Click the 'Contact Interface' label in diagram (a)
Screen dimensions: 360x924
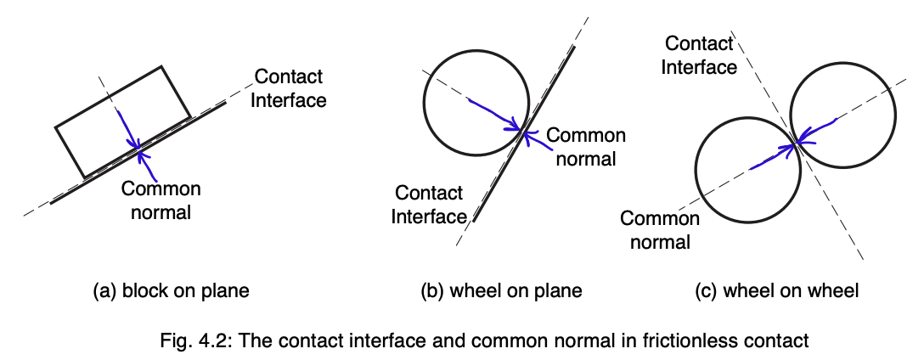tap(290, 88)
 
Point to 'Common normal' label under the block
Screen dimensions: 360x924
tap(161, 200)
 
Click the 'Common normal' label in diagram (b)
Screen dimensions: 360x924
tap(585, 145)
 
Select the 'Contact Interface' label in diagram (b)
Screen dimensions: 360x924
tap(428, 205)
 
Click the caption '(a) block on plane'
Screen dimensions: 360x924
tap(171, 291)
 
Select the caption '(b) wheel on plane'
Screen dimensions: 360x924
tap(501, 291)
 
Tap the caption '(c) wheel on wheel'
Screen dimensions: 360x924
tap(777, 291)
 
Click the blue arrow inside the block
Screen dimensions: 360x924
tap(127, 127)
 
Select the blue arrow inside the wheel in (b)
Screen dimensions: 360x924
tap(494, 115)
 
